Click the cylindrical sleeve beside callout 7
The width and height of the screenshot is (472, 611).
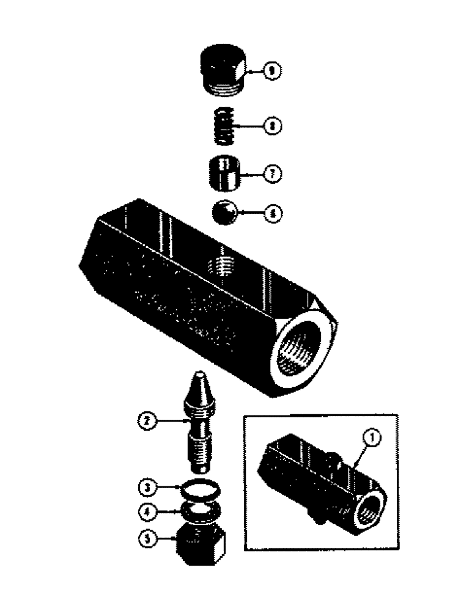tap(223, 174)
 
